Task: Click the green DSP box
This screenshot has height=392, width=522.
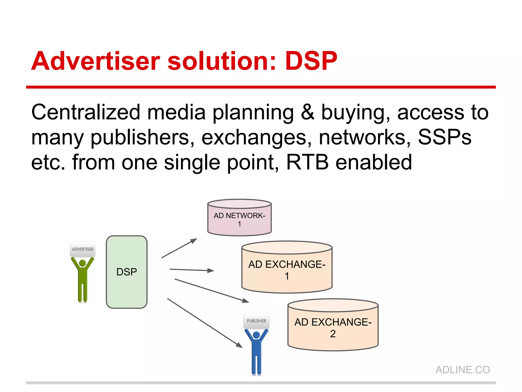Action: click(x=126, y=272)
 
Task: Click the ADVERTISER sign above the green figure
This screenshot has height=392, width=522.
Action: click(x=83, y=249)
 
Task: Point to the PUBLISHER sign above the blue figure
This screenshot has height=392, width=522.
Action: click(x=256, y=321)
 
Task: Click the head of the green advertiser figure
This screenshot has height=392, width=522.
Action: click(x=83, y=263)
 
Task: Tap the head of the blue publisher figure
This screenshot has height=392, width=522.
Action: click(x=256, y=335)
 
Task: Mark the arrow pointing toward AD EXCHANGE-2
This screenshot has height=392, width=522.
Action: click(x=211, y=291)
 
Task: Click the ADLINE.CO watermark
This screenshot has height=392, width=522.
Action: click(x=463, y=370)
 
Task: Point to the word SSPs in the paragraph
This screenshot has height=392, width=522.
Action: click(x=445, y=137)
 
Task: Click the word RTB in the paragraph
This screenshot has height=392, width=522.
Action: click(x=307, y=162)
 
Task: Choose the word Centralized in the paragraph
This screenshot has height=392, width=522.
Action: click(x=86, y=112)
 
